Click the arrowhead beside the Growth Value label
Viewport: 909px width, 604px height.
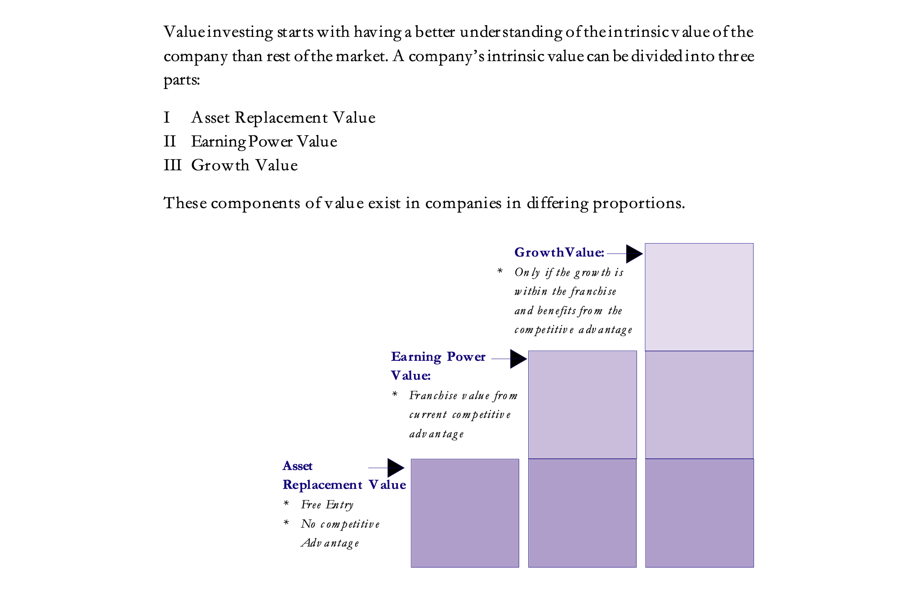point(634,254)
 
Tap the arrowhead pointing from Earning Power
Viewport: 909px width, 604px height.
point(518,359)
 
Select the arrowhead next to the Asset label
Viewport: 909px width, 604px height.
point(396,468)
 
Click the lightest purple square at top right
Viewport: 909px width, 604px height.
point(699,297)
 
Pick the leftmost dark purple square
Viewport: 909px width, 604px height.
point(465,513)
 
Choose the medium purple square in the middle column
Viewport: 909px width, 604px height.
point(583,404)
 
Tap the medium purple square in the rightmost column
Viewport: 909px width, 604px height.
point(699,405)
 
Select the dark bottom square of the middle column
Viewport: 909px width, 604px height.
point(582,513)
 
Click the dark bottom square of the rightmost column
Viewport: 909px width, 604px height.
point(699,513)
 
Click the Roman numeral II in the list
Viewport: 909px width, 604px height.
point(170,142)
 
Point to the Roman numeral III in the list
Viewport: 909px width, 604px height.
point(173,165)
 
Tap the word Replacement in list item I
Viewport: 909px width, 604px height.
point(281,118)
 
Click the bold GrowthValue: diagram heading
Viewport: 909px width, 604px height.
point(559,253)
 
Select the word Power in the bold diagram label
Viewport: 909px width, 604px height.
point(466,357)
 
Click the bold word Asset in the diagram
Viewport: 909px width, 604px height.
point(298,466)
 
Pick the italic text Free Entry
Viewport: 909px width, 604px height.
point(327,505)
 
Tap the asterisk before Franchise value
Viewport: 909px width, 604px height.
point(395,394)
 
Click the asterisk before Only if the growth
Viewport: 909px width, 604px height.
point(500,271)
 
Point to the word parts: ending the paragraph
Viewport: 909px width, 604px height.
point(182,80)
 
